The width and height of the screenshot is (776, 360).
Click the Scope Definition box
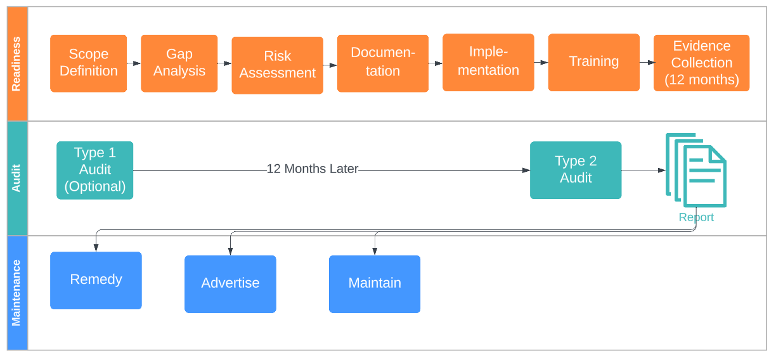88,63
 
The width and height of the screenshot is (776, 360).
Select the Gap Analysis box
179,63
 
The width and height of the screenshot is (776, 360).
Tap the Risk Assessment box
278,65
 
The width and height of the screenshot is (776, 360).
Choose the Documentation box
383,63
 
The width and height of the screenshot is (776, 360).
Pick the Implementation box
488,62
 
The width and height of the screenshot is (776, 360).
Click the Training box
594,62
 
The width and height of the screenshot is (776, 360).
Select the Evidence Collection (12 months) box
702,63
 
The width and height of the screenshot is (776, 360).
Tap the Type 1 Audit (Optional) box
95,170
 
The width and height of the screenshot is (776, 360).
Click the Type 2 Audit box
576,170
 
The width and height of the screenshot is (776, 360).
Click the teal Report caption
696,217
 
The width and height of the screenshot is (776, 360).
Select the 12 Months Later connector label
313,169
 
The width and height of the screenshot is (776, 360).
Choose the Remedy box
96,280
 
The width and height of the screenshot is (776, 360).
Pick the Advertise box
230,284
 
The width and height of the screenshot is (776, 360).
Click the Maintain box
375,284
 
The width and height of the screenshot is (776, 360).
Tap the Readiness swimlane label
16,64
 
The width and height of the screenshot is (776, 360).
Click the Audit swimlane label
16,178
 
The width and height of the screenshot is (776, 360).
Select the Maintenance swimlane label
16,293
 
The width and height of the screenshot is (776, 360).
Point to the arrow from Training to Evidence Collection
647,62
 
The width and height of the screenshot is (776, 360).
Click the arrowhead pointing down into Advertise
230,252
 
